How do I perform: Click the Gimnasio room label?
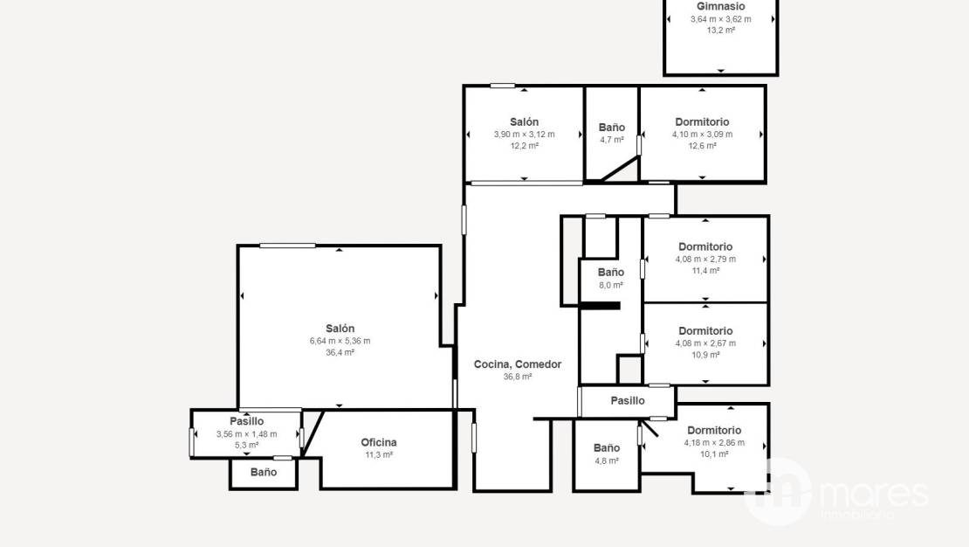click(x=720, y=6)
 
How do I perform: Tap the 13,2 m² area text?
click(x=720, y=30)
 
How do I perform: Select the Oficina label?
click(x=379, y=442)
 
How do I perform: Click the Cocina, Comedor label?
click(x=518, y=364)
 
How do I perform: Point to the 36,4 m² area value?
click(x=340, y=353)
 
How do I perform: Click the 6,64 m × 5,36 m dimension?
click(x=340, y=341)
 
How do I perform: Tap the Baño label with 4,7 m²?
click(x=612, y=128)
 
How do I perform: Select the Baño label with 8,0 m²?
click(x=610, y=273)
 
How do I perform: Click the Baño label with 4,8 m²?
click(x=606, y=448)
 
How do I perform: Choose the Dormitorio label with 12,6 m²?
click(x=702, y=122)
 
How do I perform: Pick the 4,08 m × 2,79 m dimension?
click(x=705, y=260)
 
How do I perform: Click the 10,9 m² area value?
click(x=705, y=355)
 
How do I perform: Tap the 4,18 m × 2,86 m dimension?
click(x=714, y=443)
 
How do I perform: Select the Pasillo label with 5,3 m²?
click(x=246, y=421)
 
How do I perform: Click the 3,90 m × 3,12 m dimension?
click(x=524, y=135)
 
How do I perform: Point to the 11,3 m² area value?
click(x=379, y=454)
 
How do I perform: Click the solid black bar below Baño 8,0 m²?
click(x=600, y=306)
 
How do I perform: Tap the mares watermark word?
click(x=875, y=495)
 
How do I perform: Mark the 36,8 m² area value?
click(x=518, y=377)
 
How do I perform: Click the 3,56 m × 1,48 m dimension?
click(x=246, y=434)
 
